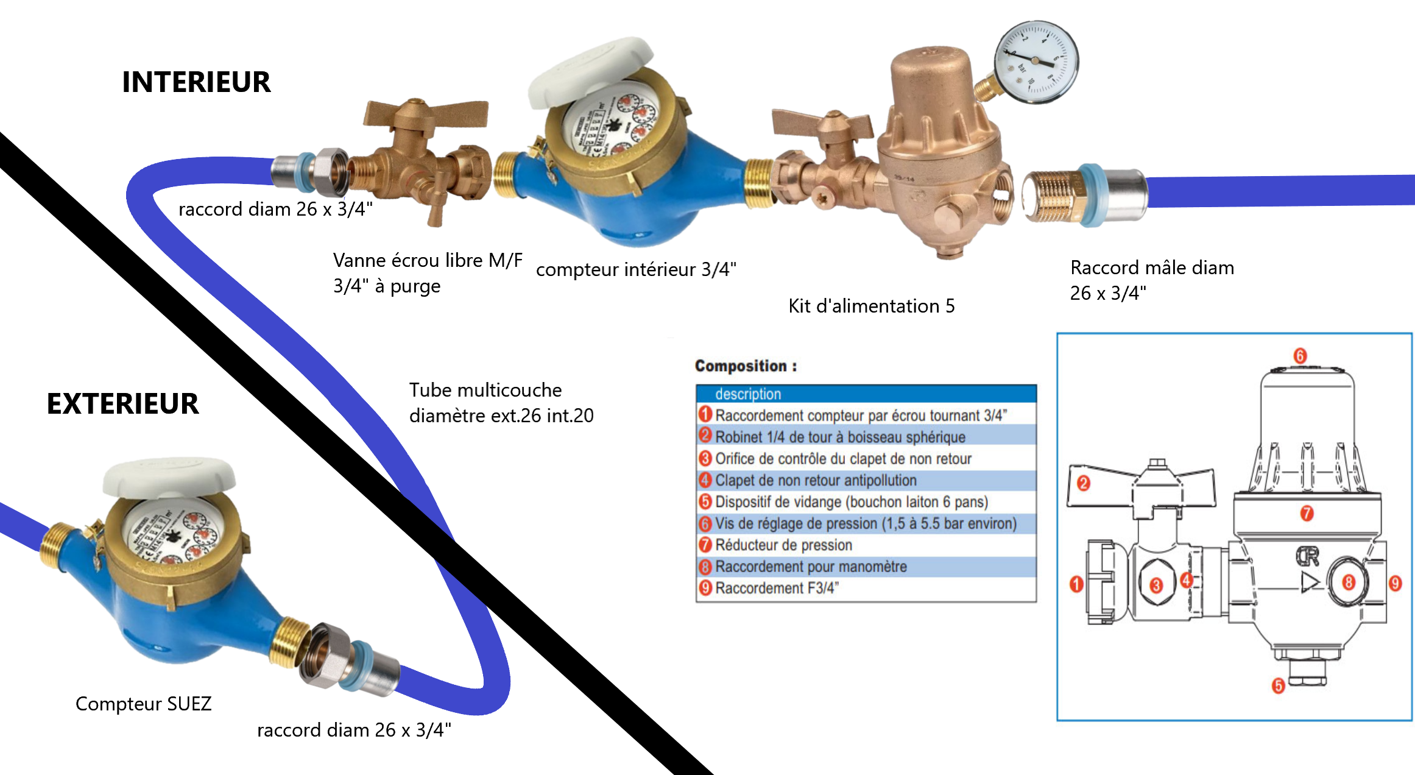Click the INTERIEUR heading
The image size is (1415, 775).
(196, 82)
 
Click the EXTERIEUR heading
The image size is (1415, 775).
(122, 404)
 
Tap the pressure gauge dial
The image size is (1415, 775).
(1036, 62)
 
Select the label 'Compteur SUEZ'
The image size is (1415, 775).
(143, 704)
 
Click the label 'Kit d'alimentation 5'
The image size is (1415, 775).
(871, 306)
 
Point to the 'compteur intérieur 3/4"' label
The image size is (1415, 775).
(636, 269)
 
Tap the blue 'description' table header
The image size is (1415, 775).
(866, 394)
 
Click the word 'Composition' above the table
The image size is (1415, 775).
(741, 366)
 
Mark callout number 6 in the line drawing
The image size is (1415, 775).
(1300, 356)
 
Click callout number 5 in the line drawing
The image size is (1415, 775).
(1278, 686)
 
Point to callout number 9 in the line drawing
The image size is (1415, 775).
(1395, 583)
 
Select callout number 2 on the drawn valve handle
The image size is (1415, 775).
(1083, 484)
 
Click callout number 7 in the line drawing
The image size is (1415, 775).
(1307, 513)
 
